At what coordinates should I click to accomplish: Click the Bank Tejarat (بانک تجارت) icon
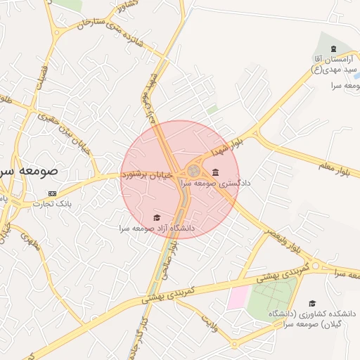tap(53, 193)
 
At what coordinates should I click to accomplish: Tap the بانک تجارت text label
tap(53, 204)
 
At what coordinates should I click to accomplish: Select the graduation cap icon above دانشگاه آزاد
tap(157, 217)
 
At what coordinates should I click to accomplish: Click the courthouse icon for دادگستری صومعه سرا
tap(215, 173)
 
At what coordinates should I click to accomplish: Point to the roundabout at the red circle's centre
tap(193, 171)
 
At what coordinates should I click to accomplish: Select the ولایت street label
tap(210, 323)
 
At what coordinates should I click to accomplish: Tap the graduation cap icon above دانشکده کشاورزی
tap(311, 303)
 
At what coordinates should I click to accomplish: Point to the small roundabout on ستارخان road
tap(56, 32)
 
